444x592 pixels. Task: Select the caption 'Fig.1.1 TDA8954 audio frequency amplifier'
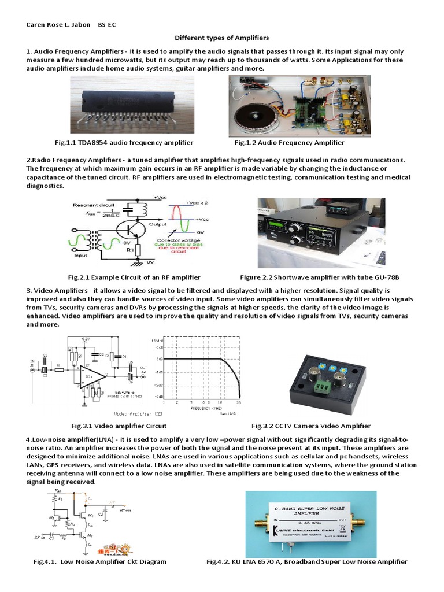[x=120, y=142]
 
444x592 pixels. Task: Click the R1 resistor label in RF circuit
[x=131, y=251]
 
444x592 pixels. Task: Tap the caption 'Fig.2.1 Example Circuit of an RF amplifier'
[x=134, y=277]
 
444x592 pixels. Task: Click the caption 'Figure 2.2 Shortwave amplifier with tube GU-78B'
[x=320, y=277]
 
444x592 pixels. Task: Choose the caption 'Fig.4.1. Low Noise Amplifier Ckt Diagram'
[x=101, y=561]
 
